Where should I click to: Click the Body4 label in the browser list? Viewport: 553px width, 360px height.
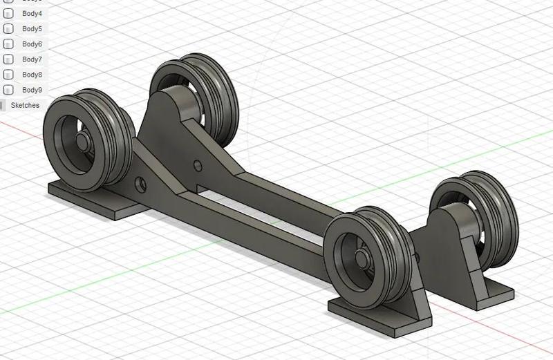(x=32, y=14)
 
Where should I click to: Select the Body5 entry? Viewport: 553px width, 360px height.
(x=32, y=29)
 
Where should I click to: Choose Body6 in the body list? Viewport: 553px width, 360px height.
(x=32, y=44)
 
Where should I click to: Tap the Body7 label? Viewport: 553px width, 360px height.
(x=32, y=59)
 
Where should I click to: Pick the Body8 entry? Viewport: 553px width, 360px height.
(x=32, y=75)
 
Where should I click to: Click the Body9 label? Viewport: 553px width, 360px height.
(x=32, y=90)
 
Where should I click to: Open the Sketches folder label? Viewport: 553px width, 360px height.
(x=25, y=105)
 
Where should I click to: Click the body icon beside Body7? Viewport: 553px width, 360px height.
(x=9, y=59)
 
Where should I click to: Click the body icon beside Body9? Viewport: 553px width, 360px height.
(x=9, y=90)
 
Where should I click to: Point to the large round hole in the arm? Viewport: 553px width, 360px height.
(x=140, y=184)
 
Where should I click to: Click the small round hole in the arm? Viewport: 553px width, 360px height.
(x=198, y=166)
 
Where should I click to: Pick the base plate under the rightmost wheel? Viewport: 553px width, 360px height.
(x=484, y=290)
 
